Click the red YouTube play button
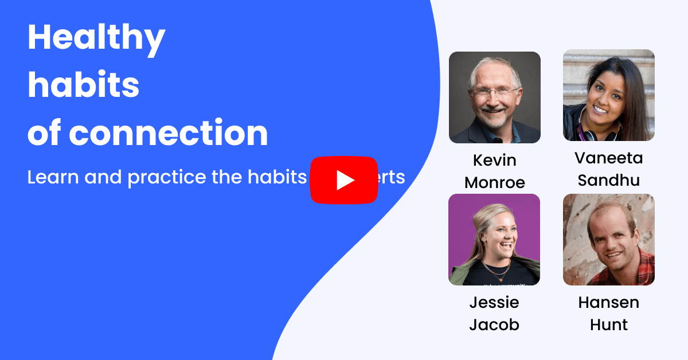tap(344, 180)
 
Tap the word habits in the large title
tap(84, 85)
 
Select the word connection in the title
tap(169, 132)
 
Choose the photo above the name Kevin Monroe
tap(494, 97)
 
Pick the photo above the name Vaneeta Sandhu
tap(608, 95)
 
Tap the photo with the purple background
tap(494, 240)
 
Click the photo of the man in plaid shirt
tap(608, 240)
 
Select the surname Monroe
tap(494, 182)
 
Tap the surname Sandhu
tap(608, 180)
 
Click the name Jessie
tap(494, 302)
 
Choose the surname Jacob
tap(494, 325)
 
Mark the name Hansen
tap(608, 302)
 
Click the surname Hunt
tap(608, 325)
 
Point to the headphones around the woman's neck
tap(600, 134)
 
